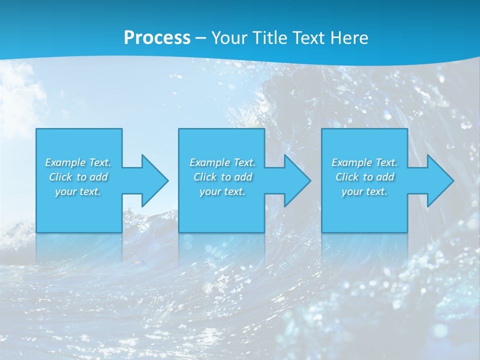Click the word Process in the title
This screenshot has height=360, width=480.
click(x=157, y=38)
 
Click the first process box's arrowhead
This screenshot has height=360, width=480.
click(x=152, y=180)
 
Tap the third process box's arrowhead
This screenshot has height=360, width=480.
click(x=438, y=180)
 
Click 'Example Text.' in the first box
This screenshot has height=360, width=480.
click(x=78, y=162)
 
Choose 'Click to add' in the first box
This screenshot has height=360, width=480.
click(x=78, y=177)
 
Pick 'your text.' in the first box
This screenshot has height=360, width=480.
click(x=78, y=191)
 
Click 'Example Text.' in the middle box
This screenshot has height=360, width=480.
click(x=222, y=162)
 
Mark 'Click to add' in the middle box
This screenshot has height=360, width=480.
click(x=222, y=177)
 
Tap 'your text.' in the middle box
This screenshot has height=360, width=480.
click(x=222, y=191)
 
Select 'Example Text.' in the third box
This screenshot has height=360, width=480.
click(x=364, y=162)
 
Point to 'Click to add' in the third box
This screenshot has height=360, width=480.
click(x=364, y=177)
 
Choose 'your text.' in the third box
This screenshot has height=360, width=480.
click(x=364, y=191)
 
